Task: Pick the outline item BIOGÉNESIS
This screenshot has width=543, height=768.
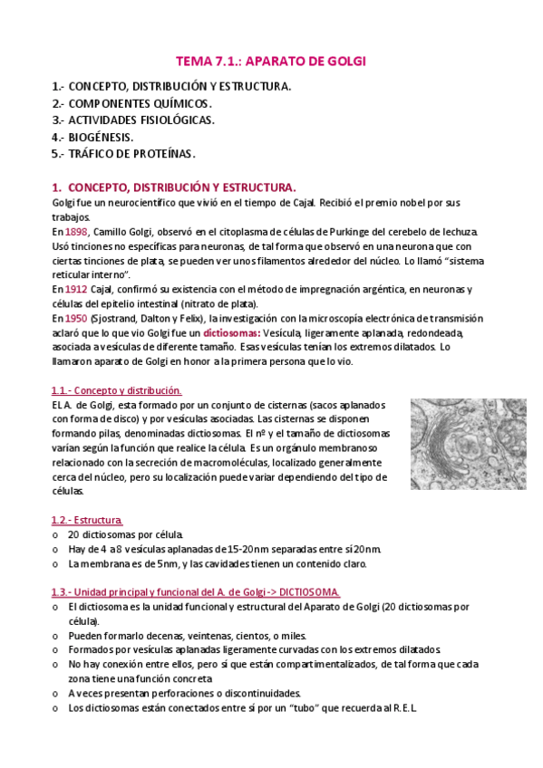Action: (x=101, y=137)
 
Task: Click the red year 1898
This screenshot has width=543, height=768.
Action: (x=76, y=233)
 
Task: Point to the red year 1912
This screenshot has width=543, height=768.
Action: (x=76, y=289)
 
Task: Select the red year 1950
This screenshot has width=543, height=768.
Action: (x=76, y=318)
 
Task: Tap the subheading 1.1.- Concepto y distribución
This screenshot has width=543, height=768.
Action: (x=116, y=390)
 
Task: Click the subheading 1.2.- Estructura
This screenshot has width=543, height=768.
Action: (x=87, y=520)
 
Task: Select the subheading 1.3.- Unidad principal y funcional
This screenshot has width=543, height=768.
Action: (x=196, y=591)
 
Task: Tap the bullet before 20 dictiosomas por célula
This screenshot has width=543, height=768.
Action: (x=56, y=535)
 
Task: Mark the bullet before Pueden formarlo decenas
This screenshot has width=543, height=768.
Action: (x=56, y=635)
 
